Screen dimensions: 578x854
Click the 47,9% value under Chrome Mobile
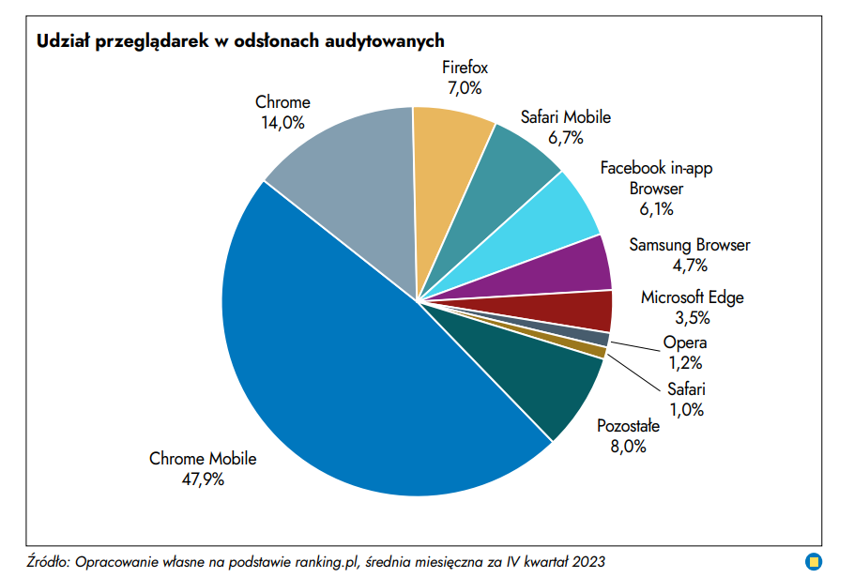coord(203,479)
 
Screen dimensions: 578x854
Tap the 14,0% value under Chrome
coord(282,122)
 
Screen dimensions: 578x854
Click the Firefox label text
coord(465,68)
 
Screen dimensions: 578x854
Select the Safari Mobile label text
coord(566,117)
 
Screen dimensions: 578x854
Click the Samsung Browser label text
coord(690,246)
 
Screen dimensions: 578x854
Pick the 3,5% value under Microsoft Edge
coord(692,317)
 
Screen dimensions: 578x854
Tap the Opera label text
coord(685,343)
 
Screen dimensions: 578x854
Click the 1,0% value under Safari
coord(685,409)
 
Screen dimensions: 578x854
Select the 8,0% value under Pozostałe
coord(628,447)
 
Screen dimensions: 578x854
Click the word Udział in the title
coord(61,41)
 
